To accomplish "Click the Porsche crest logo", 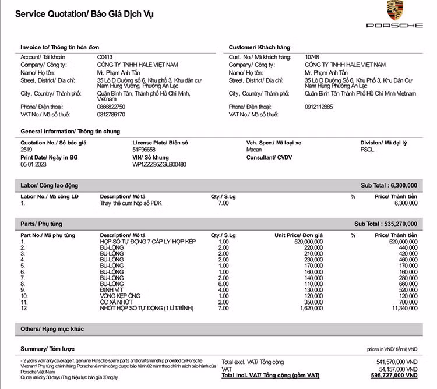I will [394, 11].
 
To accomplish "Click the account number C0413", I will [104, 57].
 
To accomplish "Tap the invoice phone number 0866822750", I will [111, 107].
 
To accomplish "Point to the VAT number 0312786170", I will [111, 114].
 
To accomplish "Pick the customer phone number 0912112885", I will [319, 107].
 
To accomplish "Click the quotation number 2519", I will [26, 150].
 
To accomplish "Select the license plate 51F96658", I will [144, 150].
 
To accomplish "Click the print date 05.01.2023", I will [33, 164].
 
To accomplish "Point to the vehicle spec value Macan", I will [254, 150].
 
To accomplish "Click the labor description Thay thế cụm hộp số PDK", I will [131, 203].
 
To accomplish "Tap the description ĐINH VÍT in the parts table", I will [112, 289].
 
